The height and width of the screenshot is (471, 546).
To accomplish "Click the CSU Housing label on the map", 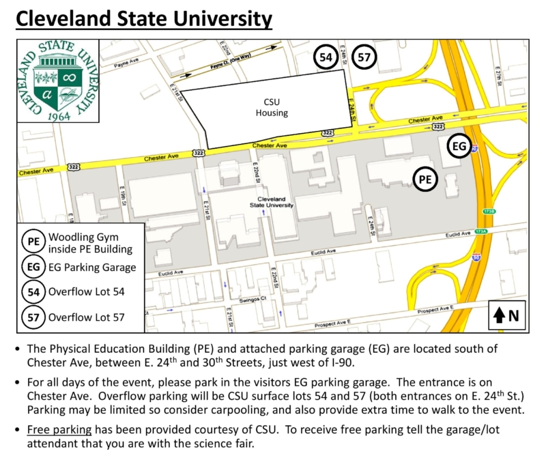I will [x=272, y=107].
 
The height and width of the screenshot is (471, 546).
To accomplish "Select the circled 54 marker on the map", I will [x=326, y=57].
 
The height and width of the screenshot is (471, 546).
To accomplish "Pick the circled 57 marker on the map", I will [x=364, y=57].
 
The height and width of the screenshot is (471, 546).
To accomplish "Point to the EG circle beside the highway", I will [x=460, y=146].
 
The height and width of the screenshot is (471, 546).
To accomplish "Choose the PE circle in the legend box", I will [x=33, y=242].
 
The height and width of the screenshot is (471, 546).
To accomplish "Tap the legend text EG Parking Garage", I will [x=91, y=268].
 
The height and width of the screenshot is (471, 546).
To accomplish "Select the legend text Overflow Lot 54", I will [x=86, y=292].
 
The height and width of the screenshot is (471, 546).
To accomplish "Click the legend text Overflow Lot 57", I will [x=86, y=317].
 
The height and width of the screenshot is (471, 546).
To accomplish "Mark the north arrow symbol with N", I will [x=507, y=315].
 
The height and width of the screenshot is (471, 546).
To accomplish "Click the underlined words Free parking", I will [x=59, y=429].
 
